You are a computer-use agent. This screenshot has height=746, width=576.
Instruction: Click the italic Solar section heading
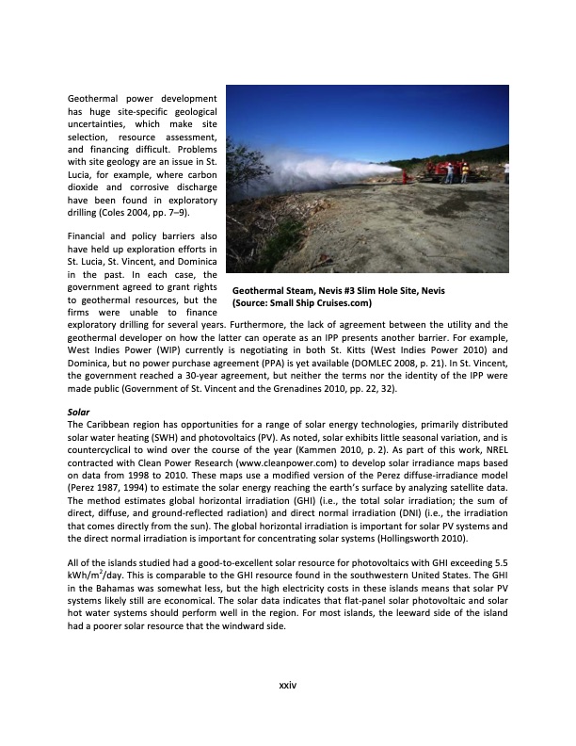point(79,412)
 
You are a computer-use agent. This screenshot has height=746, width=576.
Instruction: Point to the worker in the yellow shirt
point(464,172)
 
